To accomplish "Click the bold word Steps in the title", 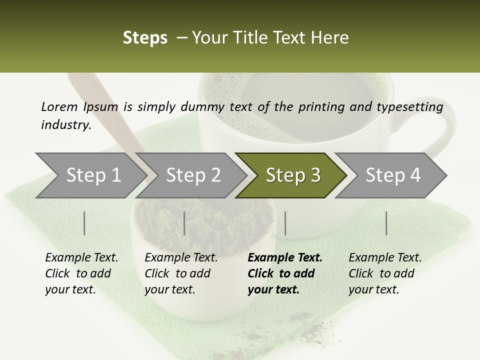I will coord(145,38).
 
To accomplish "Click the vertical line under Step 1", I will coord(84,223).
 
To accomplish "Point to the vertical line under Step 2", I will coord(184,223).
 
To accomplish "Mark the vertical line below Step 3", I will coord(285,223).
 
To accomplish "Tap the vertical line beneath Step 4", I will coord(386,223).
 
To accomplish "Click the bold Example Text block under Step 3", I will coord(284,273).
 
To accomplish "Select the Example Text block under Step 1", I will coord(81,273).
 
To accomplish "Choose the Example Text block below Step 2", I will coord(181,273).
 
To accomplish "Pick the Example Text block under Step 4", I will coord(385,273).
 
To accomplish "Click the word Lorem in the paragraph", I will coord(59,106).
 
